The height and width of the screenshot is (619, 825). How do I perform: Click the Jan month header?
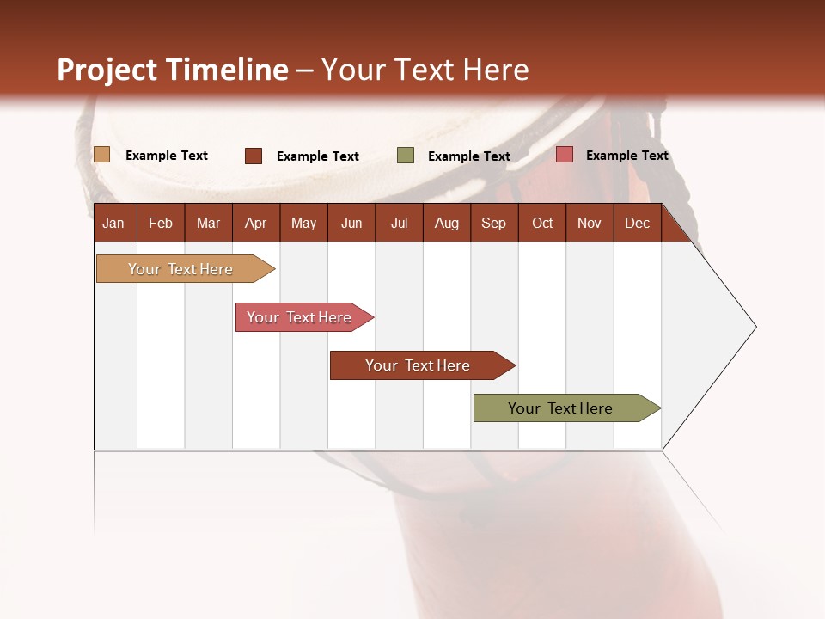tap(114, 223)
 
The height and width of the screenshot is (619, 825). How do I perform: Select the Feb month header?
tap(161, 223)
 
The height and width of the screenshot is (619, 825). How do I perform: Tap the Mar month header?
tap(208, 223)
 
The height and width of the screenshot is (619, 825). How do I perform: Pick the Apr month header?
tap(255, 223)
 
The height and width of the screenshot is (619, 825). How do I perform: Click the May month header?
tap(303, 223)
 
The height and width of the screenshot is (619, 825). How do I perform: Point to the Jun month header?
tap(351, 223)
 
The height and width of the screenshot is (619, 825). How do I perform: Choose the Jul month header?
tap(399, 223)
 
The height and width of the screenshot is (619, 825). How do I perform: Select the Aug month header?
tap(446, 223)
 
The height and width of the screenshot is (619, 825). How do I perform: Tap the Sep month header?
tap(493, 223)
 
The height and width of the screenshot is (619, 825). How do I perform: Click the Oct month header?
tap(542, 223)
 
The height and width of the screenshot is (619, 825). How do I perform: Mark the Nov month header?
tap(590, 223)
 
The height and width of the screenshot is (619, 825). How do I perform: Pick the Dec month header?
tap(637, 223)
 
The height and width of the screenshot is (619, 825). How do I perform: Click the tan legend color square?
tap(102, 155)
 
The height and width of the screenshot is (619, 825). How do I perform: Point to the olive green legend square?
tap(406, 156)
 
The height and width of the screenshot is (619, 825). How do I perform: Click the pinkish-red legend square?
tap(565, 155)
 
